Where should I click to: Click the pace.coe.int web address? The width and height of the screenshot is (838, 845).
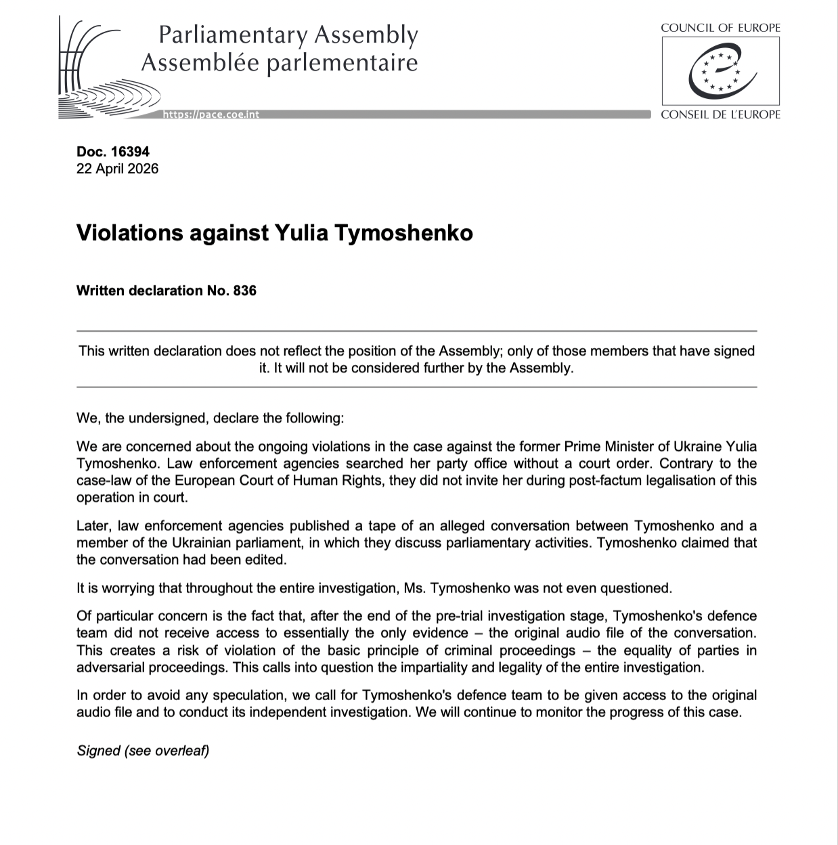point(211,114)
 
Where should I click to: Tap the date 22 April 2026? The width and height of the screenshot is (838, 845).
point(118,169)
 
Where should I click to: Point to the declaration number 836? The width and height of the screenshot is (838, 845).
point(244,290)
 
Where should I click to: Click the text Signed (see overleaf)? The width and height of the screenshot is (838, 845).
point(143,751)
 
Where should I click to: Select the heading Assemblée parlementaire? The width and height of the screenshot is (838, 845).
point(279,63)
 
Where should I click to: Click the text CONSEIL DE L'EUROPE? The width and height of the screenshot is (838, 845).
point(720,114)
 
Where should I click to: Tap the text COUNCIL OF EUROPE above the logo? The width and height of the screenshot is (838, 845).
point(720,28)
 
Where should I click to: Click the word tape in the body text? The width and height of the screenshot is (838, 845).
point(395,526)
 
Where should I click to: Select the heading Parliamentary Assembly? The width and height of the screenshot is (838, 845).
point(288,35)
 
